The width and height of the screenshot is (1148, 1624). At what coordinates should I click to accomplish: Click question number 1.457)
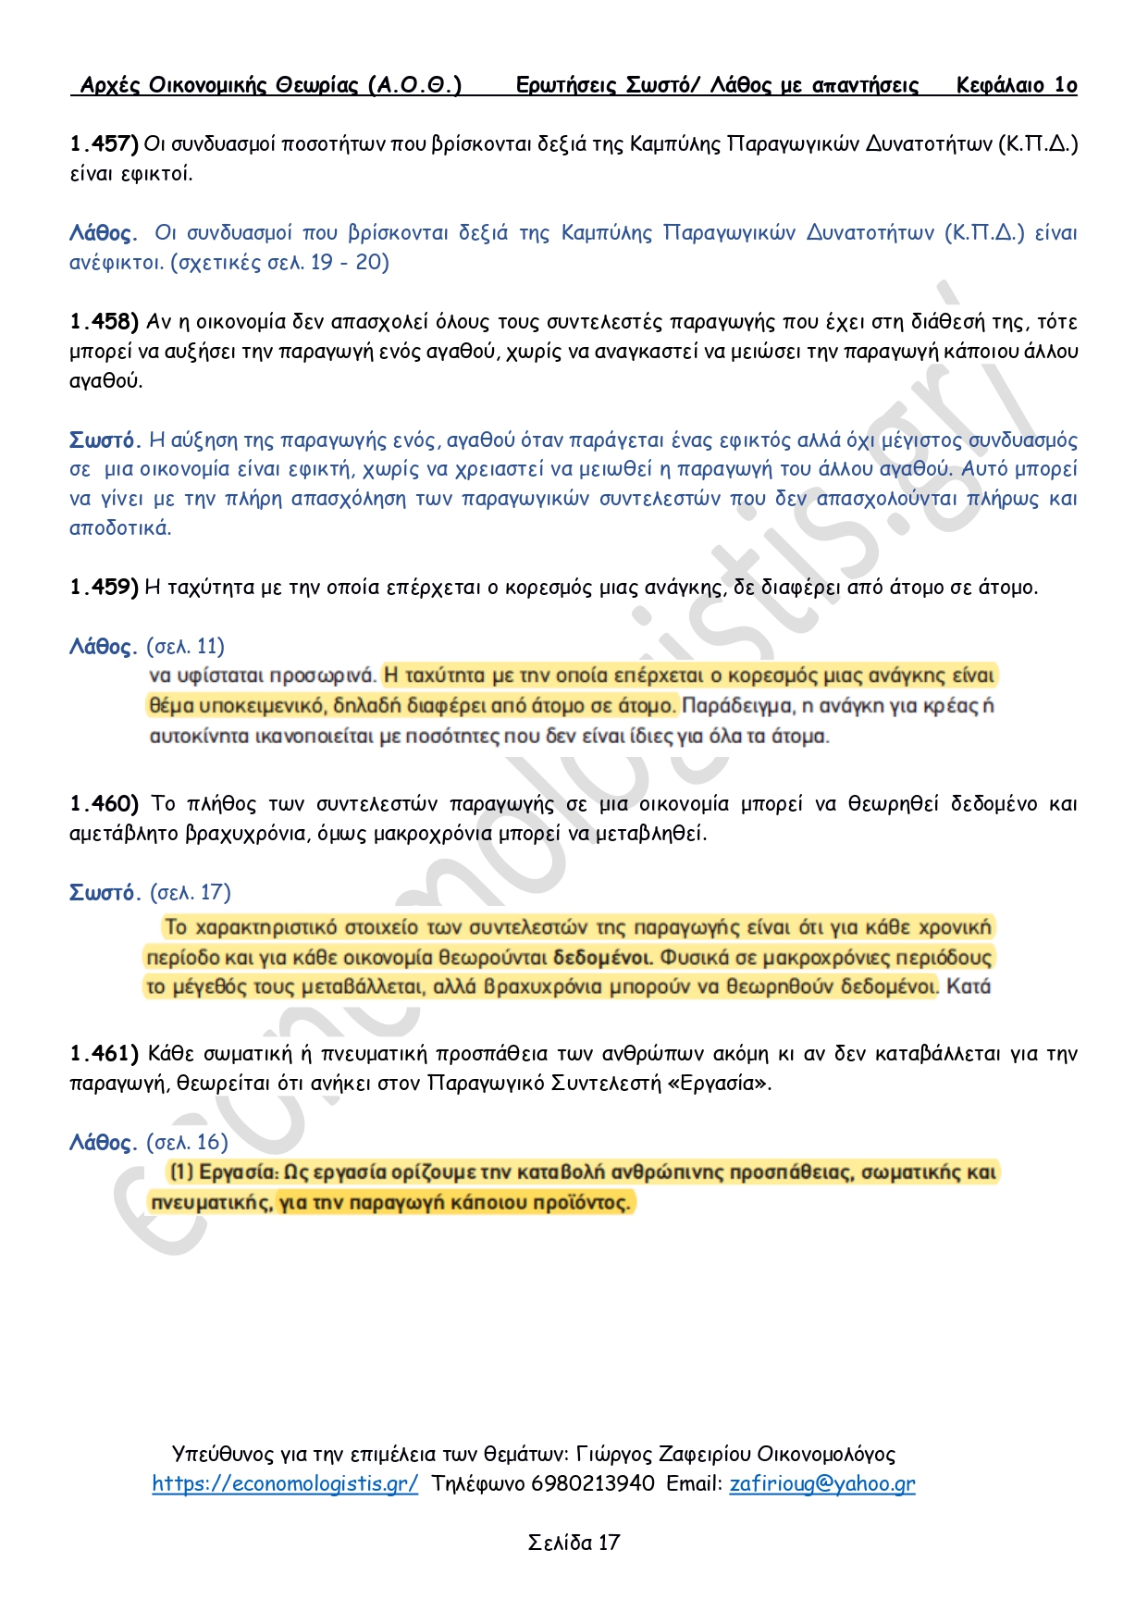click(x=104, y=143)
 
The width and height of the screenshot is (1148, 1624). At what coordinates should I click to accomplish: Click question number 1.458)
click(x=104, y=322)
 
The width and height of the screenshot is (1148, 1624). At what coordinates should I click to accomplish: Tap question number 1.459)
click(x=104, y=588)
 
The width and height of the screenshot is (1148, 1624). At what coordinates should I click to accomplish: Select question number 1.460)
click(x=104, y=804)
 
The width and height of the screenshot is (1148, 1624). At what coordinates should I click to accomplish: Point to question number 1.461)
click(x=104, y=1054)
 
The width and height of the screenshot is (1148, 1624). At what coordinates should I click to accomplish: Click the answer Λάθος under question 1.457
click(x=103, y=233)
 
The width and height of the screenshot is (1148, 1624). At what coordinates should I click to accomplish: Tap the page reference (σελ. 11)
click(x=185, y=647)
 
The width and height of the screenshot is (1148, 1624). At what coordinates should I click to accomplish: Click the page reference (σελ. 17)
click(x=190, y=893)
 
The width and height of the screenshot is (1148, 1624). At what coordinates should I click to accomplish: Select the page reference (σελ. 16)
click(x=187, y=1143)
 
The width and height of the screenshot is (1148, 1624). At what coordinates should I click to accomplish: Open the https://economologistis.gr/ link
click(x=285, y=1484)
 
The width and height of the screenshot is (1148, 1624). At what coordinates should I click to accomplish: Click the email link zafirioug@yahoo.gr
click(x=821, y=1484)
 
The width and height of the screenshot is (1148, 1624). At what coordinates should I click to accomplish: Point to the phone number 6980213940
click(x=592, y=1484)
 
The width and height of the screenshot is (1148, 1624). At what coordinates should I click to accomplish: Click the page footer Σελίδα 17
click(x=574, y=1543)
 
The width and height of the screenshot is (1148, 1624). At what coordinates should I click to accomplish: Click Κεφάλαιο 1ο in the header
click(x=1017, y=86)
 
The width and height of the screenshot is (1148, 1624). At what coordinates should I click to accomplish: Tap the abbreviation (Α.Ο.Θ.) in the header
click(x=414, y=86)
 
